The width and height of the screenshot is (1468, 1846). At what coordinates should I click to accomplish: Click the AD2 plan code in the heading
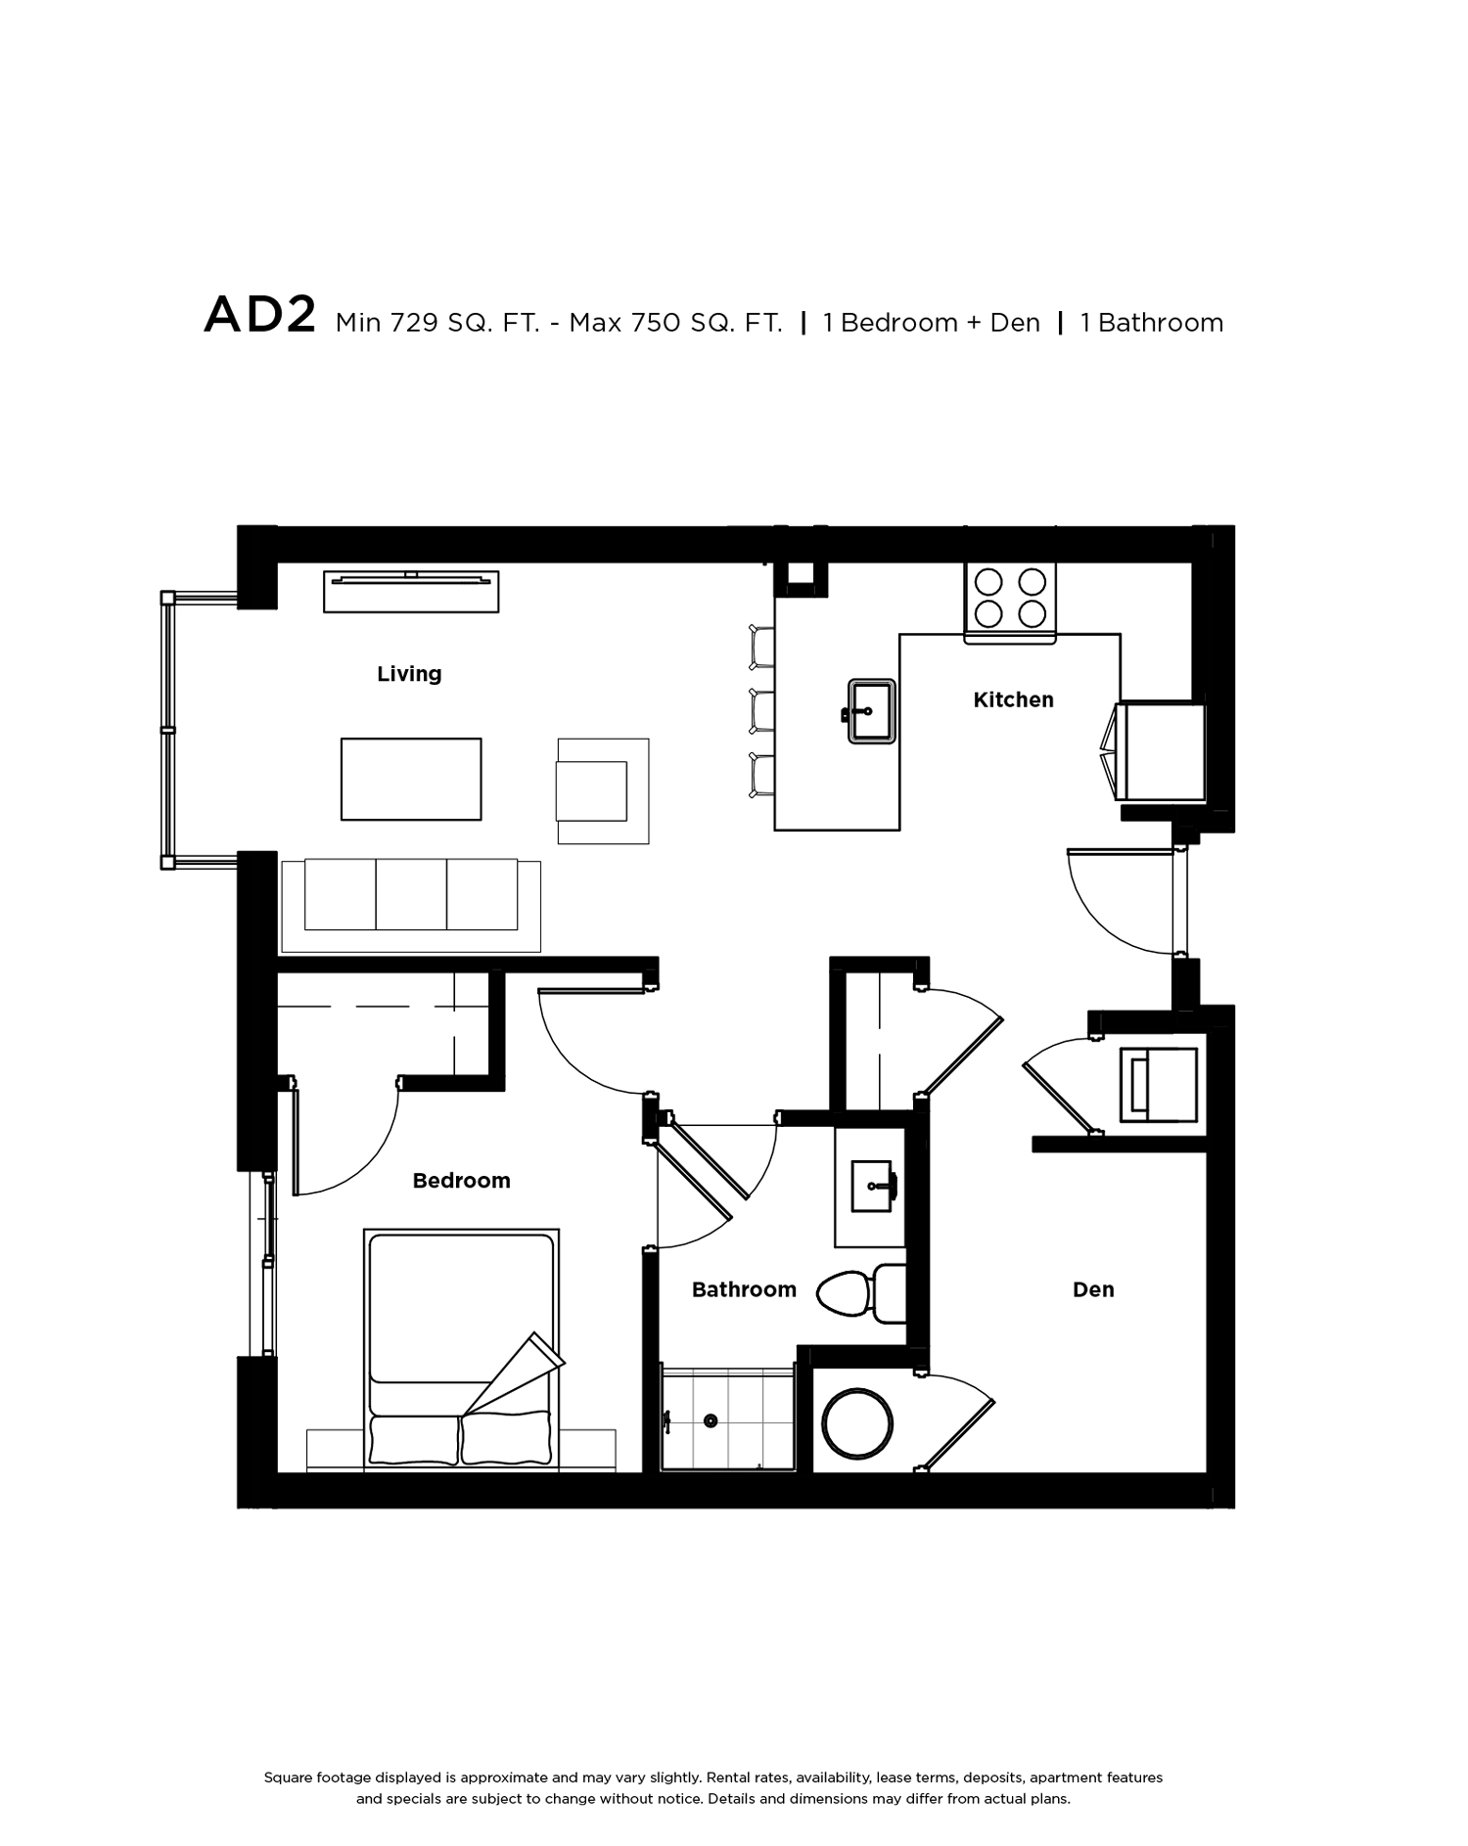point(259,316)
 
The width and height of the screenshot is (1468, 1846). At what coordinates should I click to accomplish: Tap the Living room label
point(409,674)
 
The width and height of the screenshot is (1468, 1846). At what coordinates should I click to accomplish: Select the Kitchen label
point(1013,699)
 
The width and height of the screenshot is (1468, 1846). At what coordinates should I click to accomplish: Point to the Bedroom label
point(461,1181)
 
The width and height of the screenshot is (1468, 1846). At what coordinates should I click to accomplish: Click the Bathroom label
point(744,1289)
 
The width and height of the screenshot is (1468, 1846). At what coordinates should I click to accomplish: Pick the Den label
point(1093,1289)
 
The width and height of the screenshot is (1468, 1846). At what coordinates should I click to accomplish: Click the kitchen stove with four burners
point(1010,603)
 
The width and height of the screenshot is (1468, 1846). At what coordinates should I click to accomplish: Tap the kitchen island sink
point(870,711)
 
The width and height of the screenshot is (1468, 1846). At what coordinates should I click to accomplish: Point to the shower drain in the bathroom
point(711,1420)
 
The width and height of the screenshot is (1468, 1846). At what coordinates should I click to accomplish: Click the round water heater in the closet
point(857,1422)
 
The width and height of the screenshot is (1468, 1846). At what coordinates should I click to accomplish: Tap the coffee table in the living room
point(411,779)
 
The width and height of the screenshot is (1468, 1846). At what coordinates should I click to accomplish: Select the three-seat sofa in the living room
point(411,905)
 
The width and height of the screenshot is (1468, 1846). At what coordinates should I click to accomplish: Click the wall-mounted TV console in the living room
point(411,592)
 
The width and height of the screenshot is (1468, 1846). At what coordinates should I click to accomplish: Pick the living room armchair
point(603,790)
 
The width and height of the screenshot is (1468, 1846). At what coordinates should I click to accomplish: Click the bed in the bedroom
point(462,1349)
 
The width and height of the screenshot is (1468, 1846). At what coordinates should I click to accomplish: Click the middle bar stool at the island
point(761,711)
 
